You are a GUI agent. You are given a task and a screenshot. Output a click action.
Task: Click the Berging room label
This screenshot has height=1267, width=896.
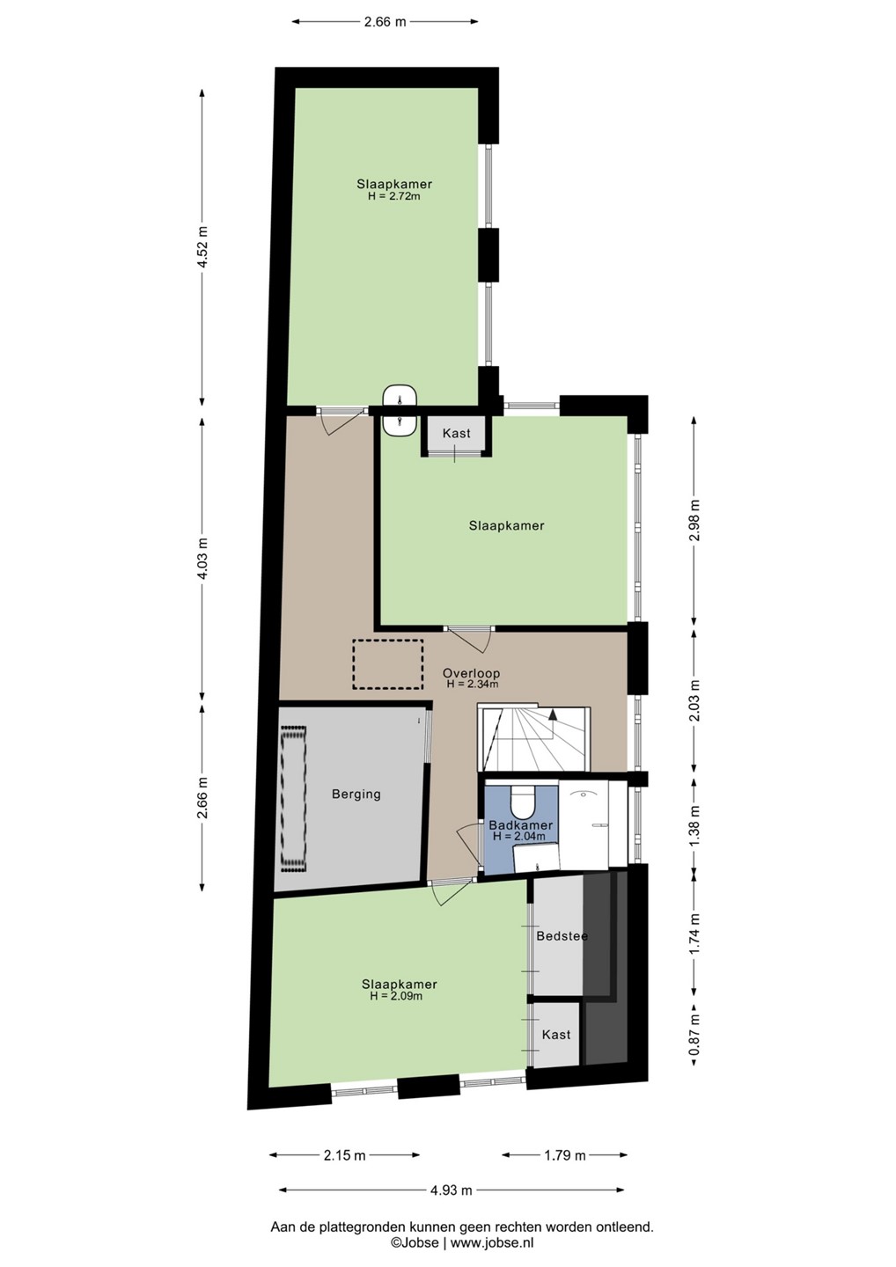pos(356,795)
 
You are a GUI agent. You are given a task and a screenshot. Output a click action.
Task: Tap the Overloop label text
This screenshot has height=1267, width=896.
pos(471,674)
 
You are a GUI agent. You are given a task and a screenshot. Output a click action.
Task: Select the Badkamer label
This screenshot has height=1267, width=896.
pos(520,825)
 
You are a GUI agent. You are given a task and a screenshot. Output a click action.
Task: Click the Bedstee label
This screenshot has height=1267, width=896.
pos(562,936)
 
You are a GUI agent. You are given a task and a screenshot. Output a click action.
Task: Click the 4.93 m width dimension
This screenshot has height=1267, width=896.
pos(451,1190)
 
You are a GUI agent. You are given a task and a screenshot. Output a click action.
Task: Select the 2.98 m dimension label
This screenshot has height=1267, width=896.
pos(694,520)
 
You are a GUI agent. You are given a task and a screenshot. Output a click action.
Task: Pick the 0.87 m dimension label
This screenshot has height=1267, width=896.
pos(694,1035)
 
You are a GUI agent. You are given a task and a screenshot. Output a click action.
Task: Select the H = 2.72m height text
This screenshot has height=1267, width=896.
pos(394,197)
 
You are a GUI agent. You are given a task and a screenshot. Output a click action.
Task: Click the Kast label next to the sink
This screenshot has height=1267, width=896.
pos(456,433)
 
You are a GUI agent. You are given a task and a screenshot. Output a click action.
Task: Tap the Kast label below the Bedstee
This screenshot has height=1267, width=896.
pos(556,1035)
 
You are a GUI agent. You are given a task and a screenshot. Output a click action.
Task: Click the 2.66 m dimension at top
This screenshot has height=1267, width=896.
pos(386,22)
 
